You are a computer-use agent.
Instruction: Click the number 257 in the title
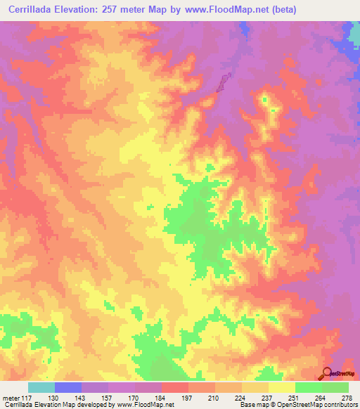(x=118, y=10)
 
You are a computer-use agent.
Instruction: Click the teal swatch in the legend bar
(x=41, y=387)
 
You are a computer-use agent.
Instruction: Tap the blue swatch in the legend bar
(x=68, y=387)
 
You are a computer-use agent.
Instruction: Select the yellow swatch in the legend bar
(x=281, y=387)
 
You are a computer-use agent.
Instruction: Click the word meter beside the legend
(x=11, y=398)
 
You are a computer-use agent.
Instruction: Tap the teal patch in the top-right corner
(x=353, y=28)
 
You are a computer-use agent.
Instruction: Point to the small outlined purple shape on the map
(x=224, y=83)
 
